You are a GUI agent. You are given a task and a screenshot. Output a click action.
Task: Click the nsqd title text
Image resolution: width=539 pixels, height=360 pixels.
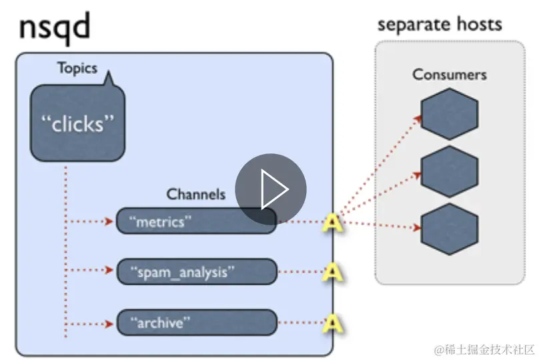(53, 29)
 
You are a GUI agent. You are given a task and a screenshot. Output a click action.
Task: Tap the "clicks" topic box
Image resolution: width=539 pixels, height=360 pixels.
(77, 124)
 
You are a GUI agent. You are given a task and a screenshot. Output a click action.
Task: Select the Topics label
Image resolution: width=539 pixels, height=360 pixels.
(77, 68)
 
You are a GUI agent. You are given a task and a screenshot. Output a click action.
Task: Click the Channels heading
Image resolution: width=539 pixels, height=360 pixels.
(195, 195)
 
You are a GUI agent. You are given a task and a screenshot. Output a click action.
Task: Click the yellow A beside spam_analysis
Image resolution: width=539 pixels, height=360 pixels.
(332, 272)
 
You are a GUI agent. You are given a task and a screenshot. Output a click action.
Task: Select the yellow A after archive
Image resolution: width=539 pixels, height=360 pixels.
(332, 323)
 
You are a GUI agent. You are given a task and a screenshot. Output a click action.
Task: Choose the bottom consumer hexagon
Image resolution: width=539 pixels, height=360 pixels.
(449, 229)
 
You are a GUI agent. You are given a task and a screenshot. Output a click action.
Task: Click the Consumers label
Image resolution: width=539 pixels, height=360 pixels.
(449, 74)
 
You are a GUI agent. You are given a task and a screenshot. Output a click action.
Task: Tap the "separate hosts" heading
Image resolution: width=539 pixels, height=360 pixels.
(440, 25)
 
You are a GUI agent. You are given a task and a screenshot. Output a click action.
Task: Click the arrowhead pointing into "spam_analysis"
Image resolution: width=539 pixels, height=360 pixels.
(109, 270)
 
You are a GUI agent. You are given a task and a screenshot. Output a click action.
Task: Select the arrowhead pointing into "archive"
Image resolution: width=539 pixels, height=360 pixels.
(109, 324)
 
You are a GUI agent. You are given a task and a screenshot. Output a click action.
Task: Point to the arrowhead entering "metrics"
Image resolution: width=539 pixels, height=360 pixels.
(109, 221)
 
